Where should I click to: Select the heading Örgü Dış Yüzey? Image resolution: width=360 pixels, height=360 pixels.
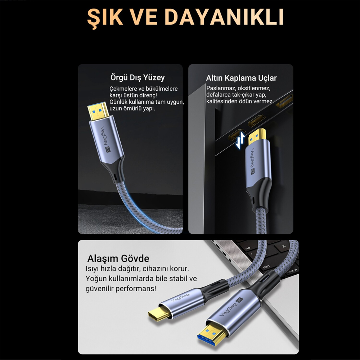point(137,77)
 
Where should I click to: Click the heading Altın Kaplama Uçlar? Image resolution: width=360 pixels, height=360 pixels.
point(241,78)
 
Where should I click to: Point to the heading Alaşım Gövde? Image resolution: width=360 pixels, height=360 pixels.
point(118,258)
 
